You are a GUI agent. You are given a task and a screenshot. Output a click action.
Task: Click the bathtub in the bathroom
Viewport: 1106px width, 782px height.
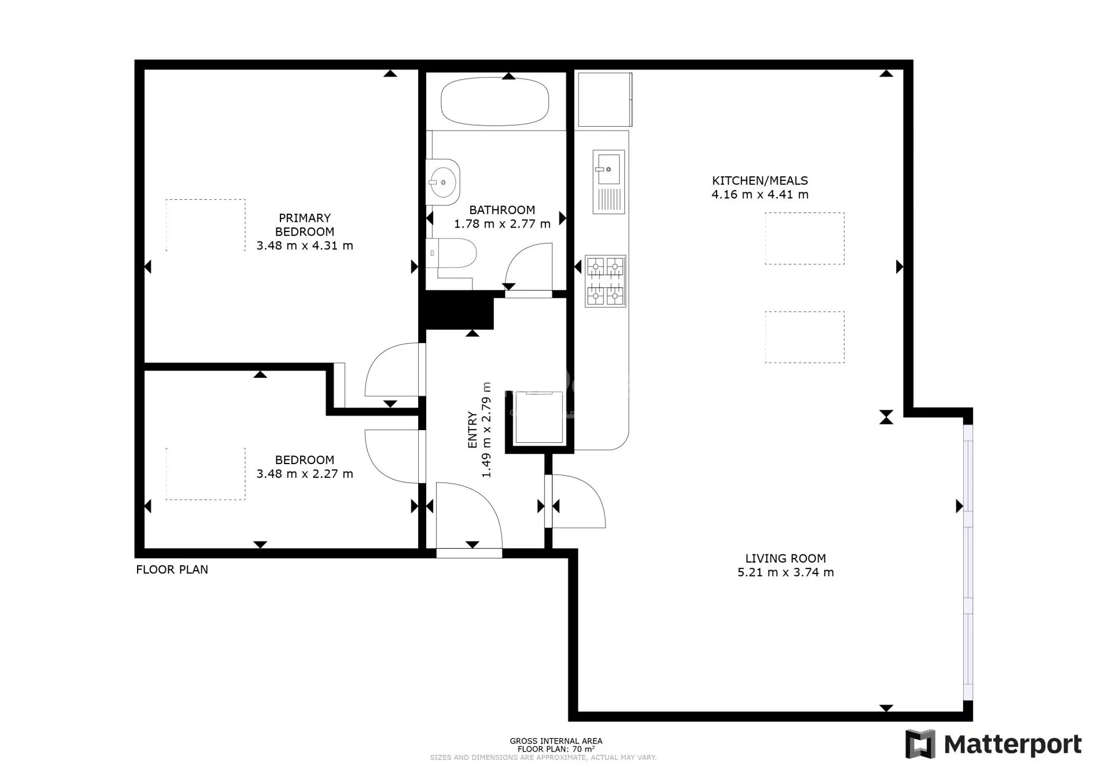(x=494, y=101)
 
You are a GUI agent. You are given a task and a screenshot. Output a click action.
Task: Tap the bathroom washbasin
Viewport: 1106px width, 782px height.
(x=443, y=182)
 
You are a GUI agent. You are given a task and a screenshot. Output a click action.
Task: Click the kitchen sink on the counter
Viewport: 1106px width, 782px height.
(x=608, y=182)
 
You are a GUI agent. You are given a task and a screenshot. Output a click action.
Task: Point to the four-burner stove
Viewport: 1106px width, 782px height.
(x=605, y=281)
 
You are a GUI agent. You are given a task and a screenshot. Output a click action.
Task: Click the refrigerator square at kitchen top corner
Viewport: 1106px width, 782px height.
(x=605, y=99)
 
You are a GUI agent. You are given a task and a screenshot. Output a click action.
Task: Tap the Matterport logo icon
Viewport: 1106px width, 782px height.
(x=920, y=744)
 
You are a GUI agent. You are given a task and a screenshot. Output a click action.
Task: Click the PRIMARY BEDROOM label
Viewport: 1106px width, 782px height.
(x=305, y=225)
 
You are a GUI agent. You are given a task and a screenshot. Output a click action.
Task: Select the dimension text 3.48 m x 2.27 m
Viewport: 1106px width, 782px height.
(x=305, y=473)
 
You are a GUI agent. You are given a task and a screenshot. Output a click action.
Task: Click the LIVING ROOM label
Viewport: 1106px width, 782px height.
(x=786, y=558)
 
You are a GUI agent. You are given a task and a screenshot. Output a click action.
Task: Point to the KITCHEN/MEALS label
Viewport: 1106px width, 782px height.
(x=760, y=180)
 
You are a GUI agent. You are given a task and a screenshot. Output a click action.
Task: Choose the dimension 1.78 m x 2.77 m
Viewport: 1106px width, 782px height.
(x=502, y=223)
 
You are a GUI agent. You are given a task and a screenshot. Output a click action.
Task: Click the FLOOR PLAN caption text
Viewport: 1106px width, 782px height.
(x=172, y=570)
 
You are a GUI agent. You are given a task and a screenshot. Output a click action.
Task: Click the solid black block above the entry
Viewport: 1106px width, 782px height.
(x=459, y=310)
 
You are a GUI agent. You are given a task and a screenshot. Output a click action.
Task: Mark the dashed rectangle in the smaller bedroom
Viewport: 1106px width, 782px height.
(x=206, y=474)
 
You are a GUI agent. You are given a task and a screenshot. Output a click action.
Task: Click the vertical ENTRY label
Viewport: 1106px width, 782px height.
(x=472, y=430)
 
